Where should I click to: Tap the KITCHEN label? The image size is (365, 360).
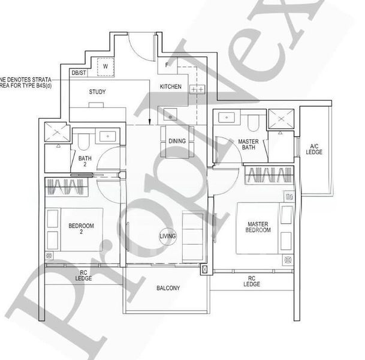click(170, 87)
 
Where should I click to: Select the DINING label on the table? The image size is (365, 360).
click(177, 141)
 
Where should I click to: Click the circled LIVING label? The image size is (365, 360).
click(168, 236)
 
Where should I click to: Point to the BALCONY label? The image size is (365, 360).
click(168, 289)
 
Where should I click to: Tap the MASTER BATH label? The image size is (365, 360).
click(248, 145)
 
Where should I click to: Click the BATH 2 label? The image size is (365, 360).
click(83, 160)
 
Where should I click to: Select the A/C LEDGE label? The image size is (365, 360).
click(314, 149)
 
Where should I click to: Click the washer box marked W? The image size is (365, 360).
click(105, 66)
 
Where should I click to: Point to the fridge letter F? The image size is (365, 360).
click(168, 64)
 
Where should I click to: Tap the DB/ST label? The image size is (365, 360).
click(79, 74)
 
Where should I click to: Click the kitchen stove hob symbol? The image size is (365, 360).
click(197, 89)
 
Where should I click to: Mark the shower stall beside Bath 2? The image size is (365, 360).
click(58, 130)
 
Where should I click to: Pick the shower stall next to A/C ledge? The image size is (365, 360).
click(279, 120)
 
